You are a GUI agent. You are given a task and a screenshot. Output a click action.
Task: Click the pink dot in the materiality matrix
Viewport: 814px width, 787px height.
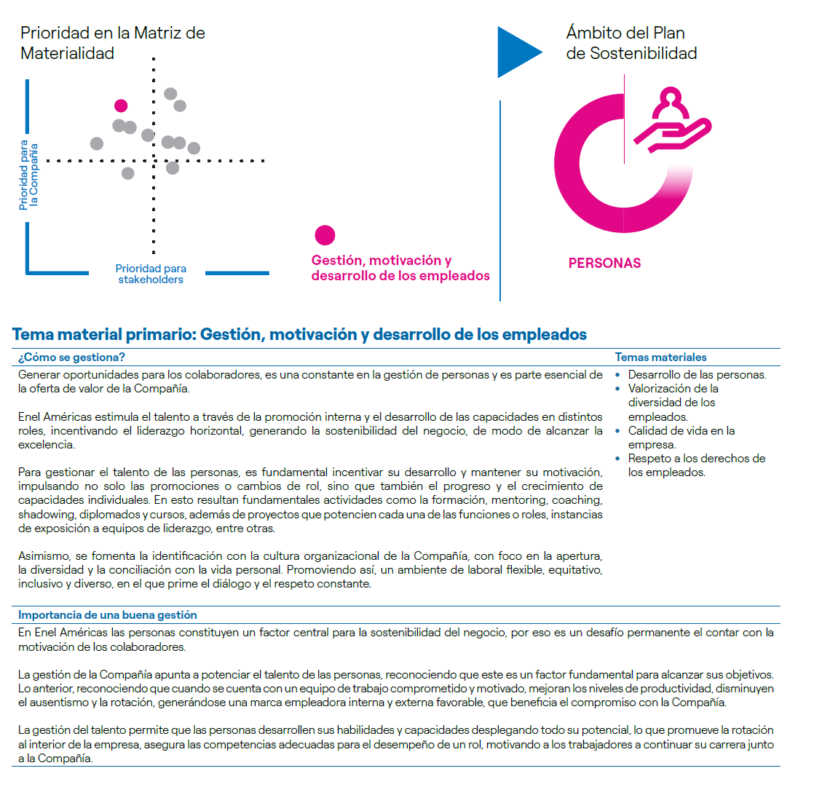pyautogui.click(x=121, y=106)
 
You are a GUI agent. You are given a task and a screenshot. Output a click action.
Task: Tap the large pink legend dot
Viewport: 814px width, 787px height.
pyautogui.click(x=325, y=235)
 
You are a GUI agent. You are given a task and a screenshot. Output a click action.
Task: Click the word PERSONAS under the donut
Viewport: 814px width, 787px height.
pyautogui.click(x=604, y=263)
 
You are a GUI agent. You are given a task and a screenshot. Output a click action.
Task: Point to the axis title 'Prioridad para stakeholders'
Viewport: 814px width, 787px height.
pyautogui.click(x=150, y=274)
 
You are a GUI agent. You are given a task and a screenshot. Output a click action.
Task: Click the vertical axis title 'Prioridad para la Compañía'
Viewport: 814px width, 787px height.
pyautogui.click(x=28, y=175)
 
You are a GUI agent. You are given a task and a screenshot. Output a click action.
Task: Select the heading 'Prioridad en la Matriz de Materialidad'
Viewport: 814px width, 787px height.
pyautogui.click(x=112, y=43)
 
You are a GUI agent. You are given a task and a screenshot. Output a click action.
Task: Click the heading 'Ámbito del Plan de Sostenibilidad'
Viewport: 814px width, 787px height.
pyautogui.click(x=631, y=43)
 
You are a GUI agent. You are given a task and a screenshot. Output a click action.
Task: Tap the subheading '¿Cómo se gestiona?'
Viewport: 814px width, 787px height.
pyautogui.click(x=71, y=357)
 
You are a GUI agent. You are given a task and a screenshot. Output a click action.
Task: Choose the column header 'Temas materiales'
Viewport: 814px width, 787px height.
pyautogui.click(x=660, y=357)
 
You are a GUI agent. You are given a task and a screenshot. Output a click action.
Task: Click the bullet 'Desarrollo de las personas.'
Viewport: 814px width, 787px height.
pyautogui.click(x=696, y=375)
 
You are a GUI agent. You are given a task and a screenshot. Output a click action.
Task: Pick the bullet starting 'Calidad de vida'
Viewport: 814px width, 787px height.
pyautogui.click(x=681, y=438)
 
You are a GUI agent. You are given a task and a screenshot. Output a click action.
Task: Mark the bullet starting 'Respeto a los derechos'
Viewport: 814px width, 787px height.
pyautogui.click(x=696, y=465)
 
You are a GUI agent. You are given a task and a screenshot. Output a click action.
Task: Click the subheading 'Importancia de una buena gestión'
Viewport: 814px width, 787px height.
pyautogui.click(x=107, y=615)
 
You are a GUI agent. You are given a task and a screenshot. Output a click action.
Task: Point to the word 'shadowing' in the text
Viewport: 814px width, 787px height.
pyautogui.click(x=44, y=515)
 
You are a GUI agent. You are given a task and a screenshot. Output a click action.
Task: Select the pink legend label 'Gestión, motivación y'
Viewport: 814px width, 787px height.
pyautogui.click(x=382, y=261)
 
